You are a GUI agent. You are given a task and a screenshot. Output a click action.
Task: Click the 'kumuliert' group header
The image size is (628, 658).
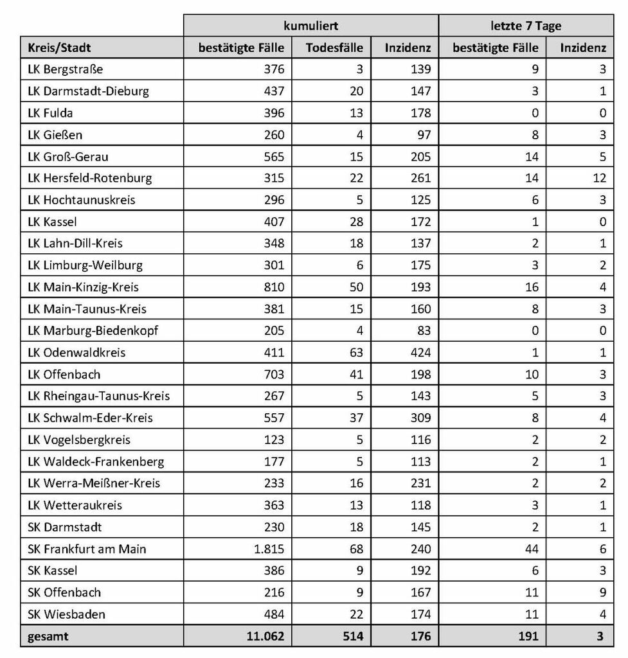(311, 25)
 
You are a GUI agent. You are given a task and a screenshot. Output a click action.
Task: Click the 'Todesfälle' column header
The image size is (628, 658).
(334, 48)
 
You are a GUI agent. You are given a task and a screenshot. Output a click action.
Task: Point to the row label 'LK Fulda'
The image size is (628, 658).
(51, 113)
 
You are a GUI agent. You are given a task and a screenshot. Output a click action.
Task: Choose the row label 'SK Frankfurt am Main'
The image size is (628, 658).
(87, 549)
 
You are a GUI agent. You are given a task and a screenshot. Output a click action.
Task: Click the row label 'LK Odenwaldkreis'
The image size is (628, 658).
(76, 352)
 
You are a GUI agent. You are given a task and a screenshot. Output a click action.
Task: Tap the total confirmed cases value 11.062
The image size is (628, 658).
(264, 636)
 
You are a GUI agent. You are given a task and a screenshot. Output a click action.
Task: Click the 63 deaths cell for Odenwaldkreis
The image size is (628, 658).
(355, 352)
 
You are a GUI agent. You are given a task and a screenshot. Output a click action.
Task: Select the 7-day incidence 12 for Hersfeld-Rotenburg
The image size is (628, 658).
(599, 178)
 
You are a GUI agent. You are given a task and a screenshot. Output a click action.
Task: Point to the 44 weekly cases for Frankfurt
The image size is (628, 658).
(532, 549)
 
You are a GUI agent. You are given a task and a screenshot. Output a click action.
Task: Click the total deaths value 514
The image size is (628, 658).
(352, 636)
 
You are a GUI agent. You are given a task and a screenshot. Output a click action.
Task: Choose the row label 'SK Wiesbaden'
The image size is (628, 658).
(66, 614)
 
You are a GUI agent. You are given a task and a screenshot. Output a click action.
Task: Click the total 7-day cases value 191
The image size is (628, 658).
(528, 636)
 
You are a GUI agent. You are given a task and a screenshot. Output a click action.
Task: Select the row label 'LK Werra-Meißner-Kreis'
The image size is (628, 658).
(94, 483)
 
